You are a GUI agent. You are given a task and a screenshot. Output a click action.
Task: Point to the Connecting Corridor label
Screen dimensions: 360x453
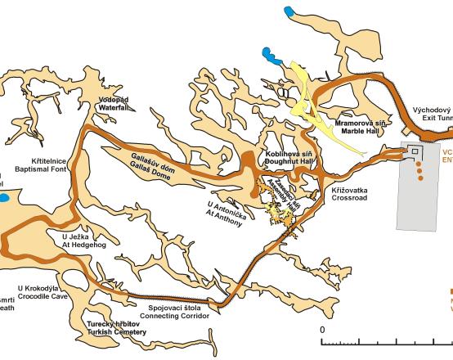click(x=175, y=316)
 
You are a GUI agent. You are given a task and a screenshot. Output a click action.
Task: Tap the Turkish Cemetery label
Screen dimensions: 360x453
click(x=117, y=331)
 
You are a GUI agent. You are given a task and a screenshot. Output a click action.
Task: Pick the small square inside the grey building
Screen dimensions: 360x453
click(x=414, y=152)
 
